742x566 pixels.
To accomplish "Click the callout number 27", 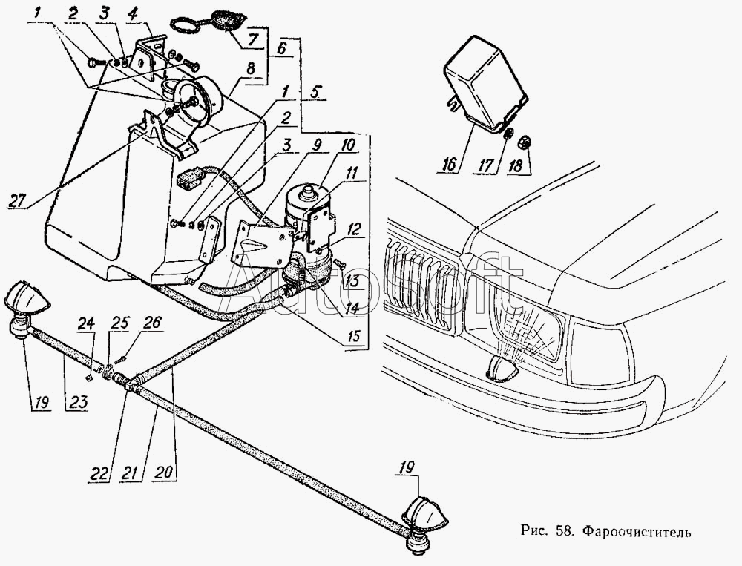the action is [x=18, y=200].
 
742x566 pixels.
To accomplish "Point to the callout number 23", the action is [x=77, y=402].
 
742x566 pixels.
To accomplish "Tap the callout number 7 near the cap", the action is [x=253, y=39].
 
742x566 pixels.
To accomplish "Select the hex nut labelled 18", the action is [x=524, y=142].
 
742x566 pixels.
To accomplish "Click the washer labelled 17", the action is [x=508, y=134].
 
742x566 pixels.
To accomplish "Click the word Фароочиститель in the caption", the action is [x=636, y=531].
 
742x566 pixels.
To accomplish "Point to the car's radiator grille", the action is [x=419, y=274].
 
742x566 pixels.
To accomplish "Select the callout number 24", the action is [x=87, y=324].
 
